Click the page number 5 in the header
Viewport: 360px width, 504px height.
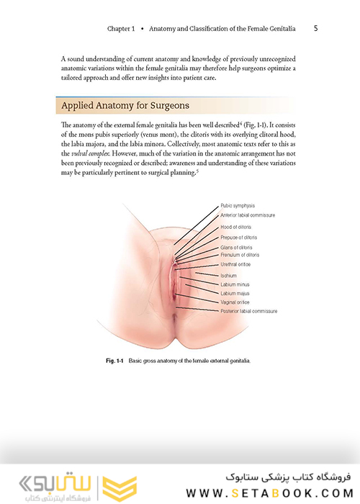pos(317,28)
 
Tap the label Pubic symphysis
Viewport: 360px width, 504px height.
pos(238,205)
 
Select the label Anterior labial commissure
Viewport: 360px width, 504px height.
pos(248,215)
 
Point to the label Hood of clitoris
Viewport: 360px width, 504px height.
pos(235,228)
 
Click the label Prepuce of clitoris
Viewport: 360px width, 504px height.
pos(239,238)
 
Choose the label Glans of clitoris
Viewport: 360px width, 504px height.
pos(238,248)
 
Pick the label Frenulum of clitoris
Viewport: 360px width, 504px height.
pos(240,255)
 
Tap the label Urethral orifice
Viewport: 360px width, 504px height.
pos(237,264)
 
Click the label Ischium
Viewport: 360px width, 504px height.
pos(228,276)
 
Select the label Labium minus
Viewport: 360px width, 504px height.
pos(235,285)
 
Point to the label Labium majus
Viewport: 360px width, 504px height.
pos(235,294)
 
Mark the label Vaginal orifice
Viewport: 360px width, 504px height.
pos(235,303)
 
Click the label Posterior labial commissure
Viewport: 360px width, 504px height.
pos(248,312)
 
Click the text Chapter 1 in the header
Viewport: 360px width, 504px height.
pos(122,29)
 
